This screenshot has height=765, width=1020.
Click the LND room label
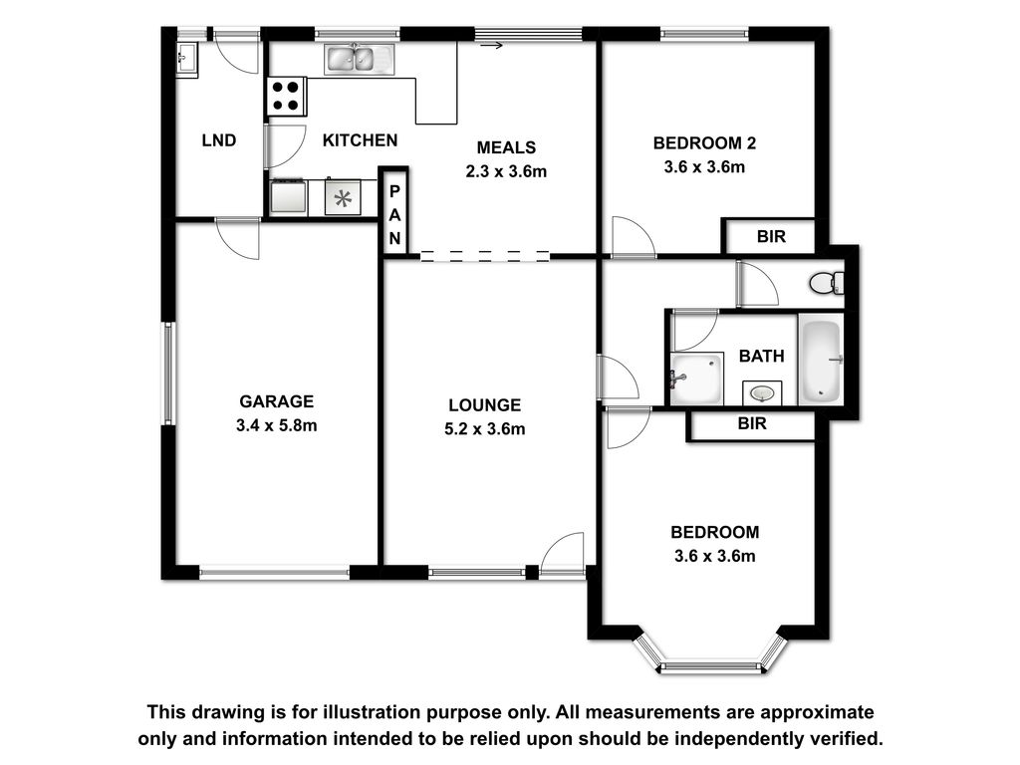(218, 139)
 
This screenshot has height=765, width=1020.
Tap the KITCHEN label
(360, 139)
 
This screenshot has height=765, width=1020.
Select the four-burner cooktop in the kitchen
(286, 97)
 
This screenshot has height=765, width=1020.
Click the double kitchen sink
(359, 59)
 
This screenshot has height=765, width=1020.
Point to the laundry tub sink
(186, 60)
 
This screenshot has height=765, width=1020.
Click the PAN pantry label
(394, 215)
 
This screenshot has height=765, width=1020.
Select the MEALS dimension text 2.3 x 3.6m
(506, 171)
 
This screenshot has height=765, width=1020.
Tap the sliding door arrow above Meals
(492, 45)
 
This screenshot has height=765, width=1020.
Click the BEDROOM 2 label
(704, 143)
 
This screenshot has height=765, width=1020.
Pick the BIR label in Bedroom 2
(771, 236)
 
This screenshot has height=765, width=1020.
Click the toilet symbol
(827, 283)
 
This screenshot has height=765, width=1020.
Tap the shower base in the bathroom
(696, 379)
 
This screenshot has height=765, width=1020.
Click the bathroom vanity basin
(762, 392)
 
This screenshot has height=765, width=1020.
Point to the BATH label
(761, 356)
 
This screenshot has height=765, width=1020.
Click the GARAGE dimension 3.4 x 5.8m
(277, 425)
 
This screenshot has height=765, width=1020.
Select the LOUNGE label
(485, 405)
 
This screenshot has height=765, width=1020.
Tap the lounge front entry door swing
(562, 554)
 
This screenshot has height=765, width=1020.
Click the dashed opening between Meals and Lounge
(485, 256)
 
